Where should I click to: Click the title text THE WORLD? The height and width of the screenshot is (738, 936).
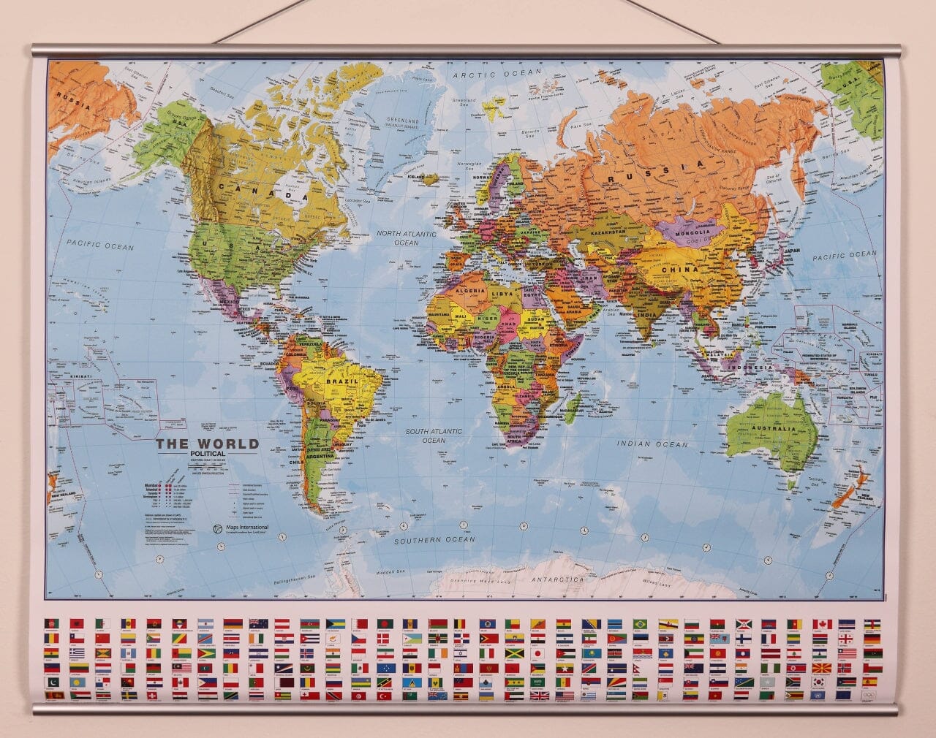tap(207, 444)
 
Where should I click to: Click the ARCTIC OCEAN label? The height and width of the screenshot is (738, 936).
tap(497, 74)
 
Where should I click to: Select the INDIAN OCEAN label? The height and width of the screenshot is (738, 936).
tap(652, 444)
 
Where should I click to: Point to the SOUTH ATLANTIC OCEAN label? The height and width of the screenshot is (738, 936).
tap(428, 435)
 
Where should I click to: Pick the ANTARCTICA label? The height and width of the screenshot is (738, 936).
tap(558, 579)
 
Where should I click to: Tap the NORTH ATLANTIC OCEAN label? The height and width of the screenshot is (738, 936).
tap(406, 237)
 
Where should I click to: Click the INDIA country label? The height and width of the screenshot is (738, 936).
tap(646, 314)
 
